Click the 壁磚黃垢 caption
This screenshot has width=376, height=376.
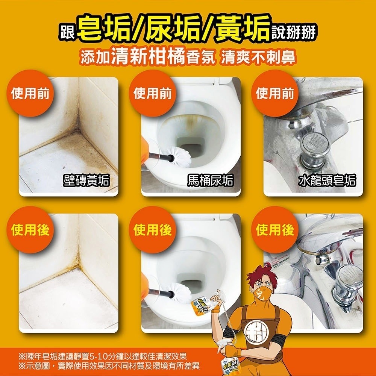pos(86,181)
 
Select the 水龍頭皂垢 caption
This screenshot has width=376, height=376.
pos(327,181)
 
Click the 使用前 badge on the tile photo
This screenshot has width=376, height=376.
pos(30,94)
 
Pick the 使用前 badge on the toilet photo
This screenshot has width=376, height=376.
pos(152,94)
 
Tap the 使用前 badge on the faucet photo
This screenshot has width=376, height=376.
pos(274,94)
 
